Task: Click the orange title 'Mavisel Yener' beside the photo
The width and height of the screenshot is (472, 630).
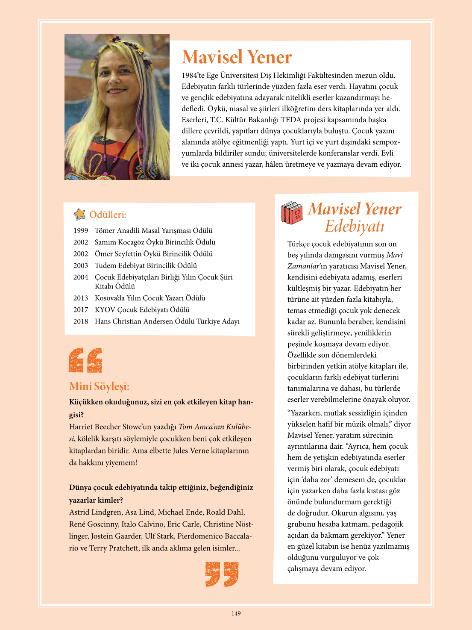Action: (x=237, y=57)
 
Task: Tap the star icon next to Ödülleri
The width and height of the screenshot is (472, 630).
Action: (x=79, y=214)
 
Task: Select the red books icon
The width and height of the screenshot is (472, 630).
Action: (x=292, y=213)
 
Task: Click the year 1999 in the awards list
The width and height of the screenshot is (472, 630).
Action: (x=81, y=231)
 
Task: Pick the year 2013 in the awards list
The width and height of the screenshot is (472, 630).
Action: (x=81, y=298)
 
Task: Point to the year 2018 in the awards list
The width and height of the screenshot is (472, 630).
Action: (x=81, y=321)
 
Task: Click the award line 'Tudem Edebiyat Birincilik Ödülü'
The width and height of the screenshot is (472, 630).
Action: (x=146, y=265)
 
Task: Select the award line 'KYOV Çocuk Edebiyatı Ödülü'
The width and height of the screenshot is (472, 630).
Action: (x=142, y=310)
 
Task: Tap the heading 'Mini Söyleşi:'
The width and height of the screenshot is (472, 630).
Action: (x=99, y=386)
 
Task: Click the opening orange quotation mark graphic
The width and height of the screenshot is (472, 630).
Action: (x=85, y=360)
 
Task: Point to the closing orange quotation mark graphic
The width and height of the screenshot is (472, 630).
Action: (x=222, y=574)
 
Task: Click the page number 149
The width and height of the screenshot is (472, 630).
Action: (x=236, y=614)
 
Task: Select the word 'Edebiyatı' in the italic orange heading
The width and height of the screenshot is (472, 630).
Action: (x=355, y=226)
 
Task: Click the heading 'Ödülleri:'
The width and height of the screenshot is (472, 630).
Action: (x=108, y=215)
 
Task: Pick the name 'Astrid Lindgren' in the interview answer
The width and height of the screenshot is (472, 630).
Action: (x=95, y=512)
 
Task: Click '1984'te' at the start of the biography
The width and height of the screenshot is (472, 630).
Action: (x=193, y=76)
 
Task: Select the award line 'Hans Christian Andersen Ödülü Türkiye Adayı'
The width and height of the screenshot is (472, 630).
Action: (x=167, y=321)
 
